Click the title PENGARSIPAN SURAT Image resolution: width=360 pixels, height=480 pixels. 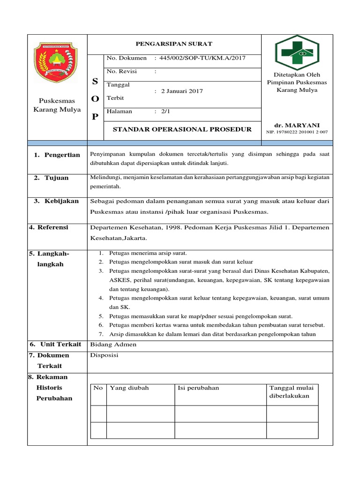(174, 44)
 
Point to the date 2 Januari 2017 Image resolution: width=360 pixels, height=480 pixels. (181, 91)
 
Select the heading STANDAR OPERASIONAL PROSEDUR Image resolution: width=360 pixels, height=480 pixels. (182, 129)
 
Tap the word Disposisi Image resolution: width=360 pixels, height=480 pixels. (104, 355)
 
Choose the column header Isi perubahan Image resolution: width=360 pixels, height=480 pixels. (198, 388)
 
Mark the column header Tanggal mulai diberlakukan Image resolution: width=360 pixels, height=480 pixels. (292, 392)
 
